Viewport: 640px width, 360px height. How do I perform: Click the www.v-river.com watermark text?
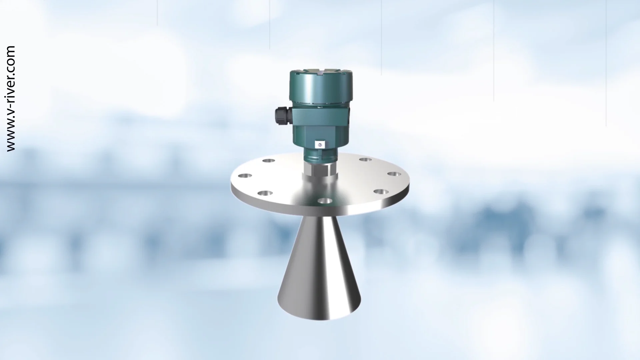tap(11, 99)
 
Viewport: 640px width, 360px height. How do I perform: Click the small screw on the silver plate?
tap(320, 144)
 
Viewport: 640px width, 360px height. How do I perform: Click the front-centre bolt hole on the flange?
tap(325, 201)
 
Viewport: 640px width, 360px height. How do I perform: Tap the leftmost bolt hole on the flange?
tap(245, 175)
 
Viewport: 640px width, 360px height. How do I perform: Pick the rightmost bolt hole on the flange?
tap(394, 174)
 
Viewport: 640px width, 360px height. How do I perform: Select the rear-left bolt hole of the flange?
tap(269, 161)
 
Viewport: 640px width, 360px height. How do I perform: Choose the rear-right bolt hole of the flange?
tap(365, 160)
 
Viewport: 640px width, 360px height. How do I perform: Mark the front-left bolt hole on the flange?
tap(265, 193)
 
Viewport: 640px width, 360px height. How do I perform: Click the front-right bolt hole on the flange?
tap(381, 192)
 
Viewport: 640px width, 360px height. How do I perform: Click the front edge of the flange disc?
tap(320, 210)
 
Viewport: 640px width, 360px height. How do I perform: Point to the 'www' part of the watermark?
tap(11, 140)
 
